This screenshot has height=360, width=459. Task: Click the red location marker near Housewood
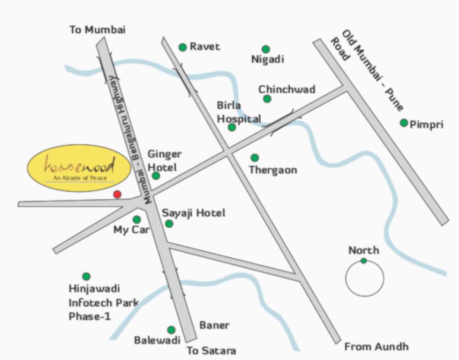[117, 194]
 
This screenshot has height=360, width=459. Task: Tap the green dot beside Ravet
[183, 47]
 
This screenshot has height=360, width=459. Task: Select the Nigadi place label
[267, 60]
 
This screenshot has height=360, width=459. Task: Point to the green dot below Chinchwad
[267, 99]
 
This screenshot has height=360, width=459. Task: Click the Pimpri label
[426, 125]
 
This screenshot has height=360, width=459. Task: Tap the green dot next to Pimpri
[404, 123]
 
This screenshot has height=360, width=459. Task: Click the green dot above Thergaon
[255, 158]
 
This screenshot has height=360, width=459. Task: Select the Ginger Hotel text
[165, 160]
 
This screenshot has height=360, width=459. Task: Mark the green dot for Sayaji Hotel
[169, 224]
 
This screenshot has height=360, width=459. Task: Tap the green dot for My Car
[136, 219]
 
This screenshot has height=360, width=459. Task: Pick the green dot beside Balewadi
[171, 330]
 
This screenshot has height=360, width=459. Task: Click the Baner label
[214, 325]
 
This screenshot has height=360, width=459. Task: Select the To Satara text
[211, 351]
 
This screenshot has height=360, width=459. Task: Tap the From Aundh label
[376, 347]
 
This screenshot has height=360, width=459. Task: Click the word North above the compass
[364, 250]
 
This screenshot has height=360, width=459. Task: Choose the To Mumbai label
[98, 30]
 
